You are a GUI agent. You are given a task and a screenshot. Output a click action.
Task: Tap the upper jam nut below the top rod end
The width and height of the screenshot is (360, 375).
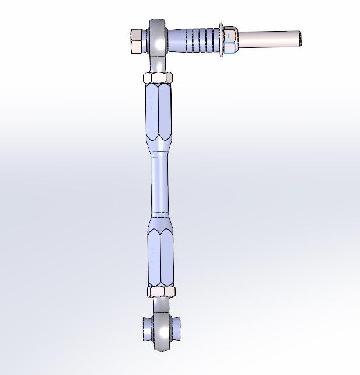click(x=158, y=78)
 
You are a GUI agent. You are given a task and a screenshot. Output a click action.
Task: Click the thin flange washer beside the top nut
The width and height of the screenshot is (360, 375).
click(x=222, y=40)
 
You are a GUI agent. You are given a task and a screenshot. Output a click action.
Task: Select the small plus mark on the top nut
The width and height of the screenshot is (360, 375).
click(x=229, y=36)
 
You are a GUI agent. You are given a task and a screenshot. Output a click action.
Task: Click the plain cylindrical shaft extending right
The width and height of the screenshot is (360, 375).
click(x=265, y=39)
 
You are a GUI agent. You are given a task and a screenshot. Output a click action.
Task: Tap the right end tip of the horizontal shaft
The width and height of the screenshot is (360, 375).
click(x=299, y=39)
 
